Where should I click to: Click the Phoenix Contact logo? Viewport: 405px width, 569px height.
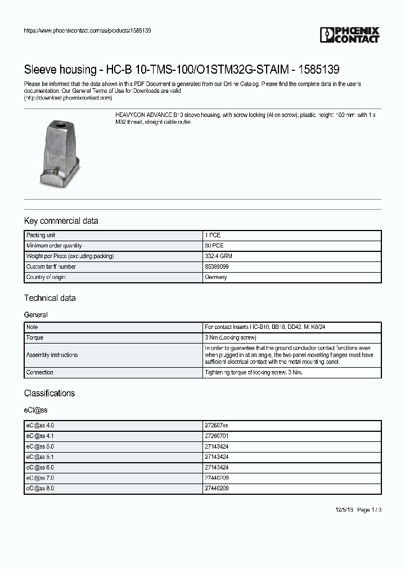[349, 35]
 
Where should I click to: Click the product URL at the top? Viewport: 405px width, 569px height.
[87, 30]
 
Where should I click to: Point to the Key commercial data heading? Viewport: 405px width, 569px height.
[61, 221]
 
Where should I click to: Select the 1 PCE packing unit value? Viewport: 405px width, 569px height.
[213, 235]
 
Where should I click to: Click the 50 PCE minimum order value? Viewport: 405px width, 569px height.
[214, 246]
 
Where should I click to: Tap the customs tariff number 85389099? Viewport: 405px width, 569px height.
[217, 267]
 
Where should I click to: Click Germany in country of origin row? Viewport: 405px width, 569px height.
[216, 278]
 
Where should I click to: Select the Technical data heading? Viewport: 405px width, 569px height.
[49, 298]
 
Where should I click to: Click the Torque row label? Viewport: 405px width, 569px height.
[34, 338]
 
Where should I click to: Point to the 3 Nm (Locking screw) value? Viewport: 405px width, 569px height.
[231, 338]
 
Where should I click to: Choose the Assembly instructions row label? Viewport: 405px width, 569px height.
[52, 355]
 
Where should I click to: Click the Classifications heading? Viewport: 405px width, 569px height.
[49, 393]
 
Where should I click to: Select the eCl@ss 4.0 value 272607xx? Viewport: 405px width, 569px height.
[217, 426]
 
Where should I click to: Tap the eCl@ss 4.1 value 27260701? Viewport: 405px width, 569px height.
[217, 436]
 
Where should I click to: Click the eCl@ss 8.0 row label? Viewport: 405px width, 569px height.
[40, 489]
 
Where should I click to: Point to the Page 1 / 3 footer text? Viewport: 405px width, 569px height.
[370, 510]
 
